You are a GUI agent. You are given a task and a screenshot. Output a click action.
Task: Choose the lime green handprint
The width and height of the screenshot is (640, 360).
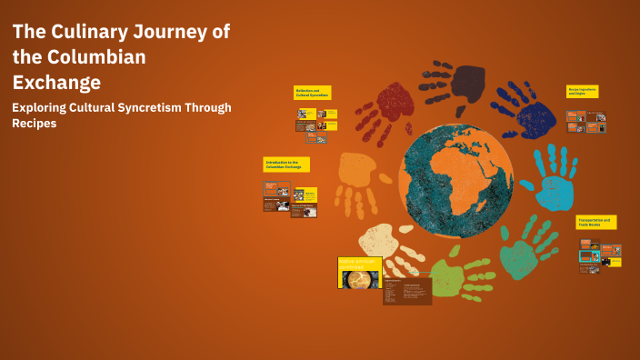pos(455,277)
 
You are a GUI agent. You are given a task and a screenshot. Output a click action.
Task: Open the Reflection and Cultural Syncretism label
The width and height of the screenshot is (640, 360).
pos(312,93)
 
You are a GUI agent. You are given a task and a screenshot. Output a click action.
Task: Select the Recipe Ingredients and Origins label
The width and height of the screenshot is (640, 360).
pos(582,92)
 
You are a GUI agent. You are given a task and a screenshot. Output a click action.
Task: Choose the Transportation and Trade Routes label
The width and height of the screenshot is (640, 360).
pos(596,222)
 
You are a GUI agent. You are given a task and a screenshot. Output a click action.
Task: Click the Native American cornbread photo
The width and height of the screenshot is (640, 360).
pos(358,278)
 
